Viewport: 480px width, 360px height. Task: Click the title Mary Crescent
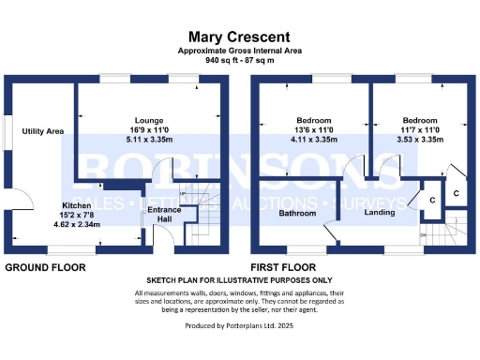tap(240, 33)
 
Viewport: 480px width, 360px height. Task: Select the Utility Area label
tap(43, 132)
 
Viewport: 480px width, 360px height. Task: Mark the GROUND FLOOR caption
tap(46, 267)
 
